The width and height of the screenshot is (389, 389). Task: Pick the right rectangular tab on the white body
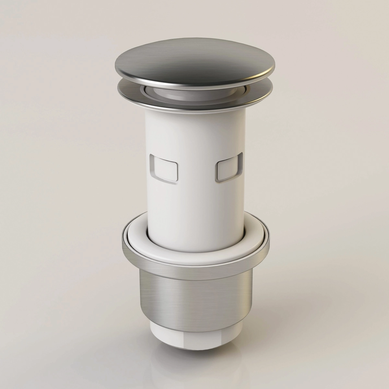[x=228, y=169]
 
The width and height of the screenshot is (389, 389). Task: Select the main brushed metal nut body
[x=194, y=298]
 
